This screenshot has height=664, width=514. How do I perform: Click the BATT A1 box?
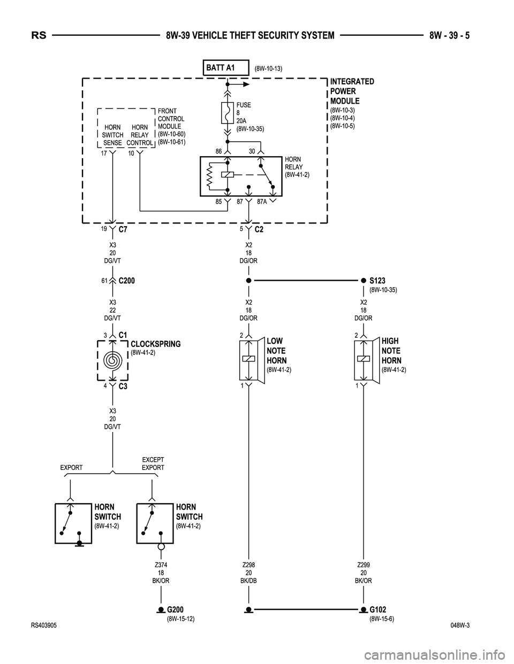tap(227, 68)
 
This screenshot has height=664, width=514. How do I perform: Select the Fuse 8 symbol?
tap(227, 113)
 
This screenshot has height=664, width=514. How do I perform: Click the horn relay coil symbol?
tap(228, 175)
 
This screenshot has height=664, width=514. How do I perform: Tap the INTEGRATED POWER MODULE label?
tap(352, 91)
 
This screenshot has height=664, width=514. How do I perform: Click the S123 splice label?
tap(377, 280)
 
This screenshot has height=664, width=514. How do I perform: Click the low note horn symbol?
tap(250, 359)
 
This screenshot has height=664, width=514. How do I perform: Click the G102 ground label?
tap(377, 610)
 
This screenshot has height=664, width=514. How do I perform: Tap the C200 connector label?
tap(127, 280)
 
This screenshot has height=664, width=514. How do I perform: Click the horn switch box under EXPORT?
tap(73, 523)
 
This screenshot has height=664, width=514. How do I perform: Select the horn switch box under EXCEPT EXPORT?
tap(155, 523)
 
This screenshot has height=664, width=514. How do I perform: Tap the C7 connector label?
tap(123, 229)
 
